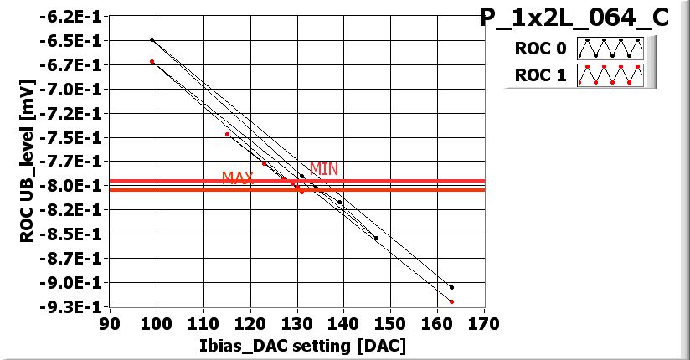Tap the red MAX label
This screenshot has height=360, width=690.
(x=238, y=178)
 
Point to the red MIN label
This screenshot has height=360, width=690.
(x=324, y=169)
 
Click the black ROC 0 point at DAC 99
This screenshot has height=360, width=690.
(x=152, y=39)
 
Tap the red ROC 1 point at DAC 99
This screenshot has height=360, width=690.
(x=152, y=61)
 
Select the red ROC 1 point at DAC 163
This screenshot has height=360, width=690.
(x=451, y=301)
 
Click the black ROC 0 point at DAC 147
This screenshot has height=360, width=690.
(x=376, y=238)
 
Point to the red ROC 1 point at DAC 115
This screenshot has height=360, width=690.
(x=227, y=134)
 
